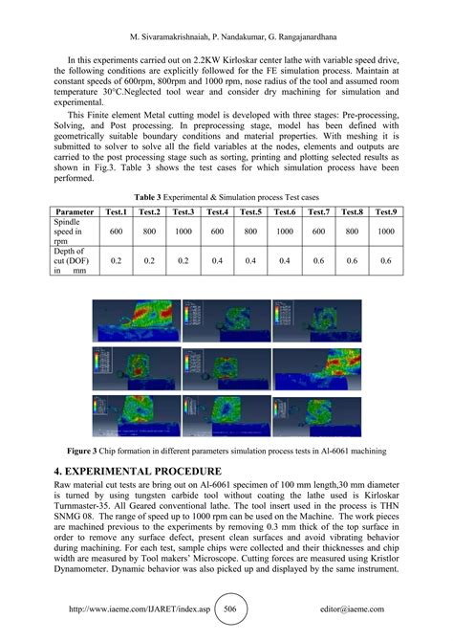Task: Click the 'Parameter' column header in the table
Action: click(81, 211)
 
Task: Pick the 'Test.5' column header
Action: click(249, 211)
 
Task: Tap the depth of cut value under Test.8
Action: click(352, 259)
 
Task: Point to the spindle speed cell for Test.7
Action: click(317, 231)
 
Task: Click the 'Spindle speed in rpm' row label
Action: click(75, 231)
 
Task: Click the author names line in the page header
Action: click(226, 12)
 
